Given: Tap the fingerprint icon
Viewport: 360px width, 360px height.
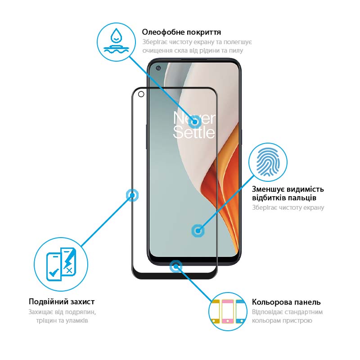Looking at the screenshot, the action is tap(268, 162).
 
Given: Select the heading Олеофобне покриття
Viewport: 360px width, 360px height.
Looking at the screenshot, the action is tap(181, 32).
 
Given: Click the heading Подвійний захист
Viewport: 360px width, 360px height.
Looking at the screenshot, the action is tap(62, 301).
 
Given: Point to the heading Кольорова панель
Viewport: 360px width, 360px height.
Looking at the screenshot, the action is tap(286, 302).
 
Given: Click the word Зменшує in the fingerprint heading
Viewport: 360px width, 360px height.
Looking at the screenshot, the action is tap(268, 189).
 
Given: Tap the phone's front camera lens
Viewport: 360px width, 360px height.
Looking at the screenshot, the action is tap(158, 68).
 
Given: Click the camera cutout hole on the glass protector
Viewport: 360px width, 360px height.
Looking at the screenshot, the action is tap(141, 94).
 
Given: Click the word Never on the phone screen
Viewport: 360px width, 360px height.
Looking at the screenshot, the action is tap(194, 118).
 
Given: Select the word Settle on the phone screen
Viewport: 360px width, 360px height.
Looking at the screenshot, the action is tap(194, 132).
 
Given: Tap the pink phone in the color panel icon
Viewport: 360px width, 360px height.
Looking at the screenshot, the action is tap(228, 311).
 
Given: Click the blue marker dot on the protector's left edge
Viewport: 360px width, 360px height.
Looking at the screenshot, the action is tap(132, 195).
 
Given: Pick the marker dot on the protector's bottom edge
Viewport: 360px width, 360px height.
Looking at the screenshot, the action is tap(176, 266).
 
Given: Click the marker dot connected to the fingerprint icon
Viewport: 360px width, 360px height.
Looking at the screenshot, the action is tap(198, 231).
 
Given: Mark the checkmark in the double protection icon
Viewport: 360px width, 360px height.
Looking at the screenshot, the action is tap(54, 272).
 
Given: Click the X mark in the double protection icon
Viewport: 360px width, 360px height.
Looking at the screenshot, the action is tap(69, 271).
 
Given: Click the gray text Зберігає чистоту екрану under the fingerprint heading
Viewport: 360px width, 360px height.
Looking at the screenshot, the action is tap(288, 207).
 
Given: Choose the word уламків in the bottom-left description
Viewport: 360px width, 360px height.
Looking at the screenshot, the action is tap(76, 320).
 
